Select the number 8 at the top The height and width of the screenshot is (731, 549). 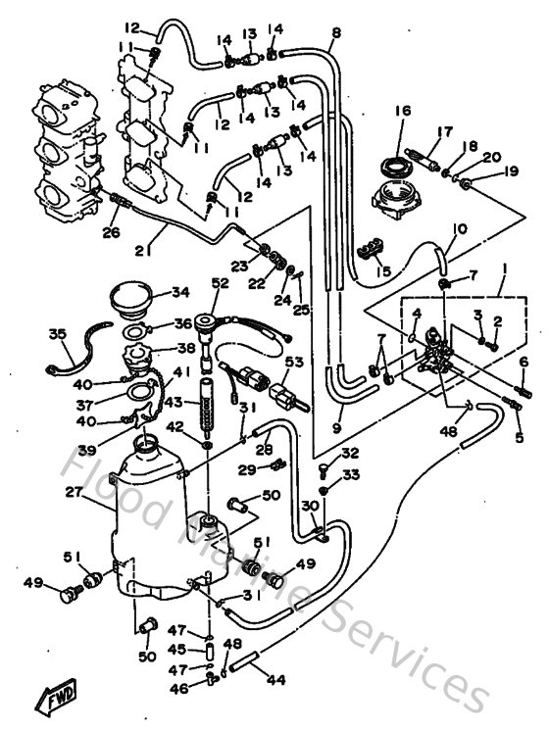tap(335, 32)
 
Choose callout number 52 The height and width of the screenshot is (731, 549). tap(218, 283)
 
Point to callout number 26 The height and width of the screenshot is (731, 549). tap(109, 232)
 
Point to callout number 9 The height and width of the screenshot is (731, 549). tap(335, 427)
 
